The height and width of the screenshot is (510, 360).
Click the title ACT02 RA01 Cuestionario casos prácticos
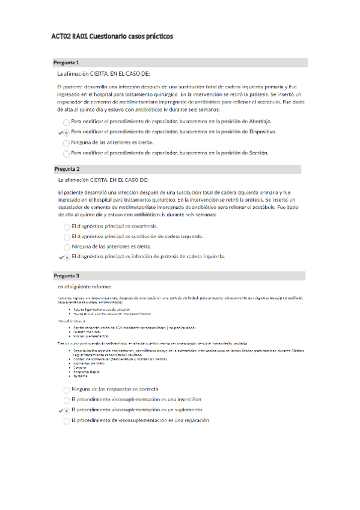(x=112, y=37)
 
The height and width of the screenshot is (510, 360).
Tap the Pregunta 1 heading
(x=66, y=63)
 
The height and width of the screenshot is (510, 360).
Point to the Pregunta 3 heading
(x=66, y=275)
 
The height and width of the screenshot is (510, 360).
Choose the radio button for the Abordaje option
(x=66, y=121)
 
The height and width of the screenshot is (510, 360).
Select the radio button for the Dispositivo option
(x=66, y=132)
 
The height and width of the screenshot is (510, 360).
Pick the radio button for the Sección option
(x=66, y=153)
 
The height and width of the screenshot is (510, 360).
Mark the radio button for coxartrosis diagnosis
(x=66, y=226)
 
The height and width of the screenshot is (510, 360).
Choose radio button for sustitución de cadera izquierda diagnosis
(x=66, y=236)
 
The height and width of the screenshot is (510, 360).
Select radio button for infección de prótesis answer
(x=66, y=257)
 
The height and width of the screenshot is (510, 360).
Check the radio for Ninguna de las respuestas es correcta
(x=66, y=373)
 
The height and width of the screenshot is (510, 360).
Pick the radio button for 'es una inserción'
(x=66, y=382)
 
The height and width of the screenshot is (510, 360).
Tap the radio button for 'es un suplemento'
(x=66, y=393)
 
